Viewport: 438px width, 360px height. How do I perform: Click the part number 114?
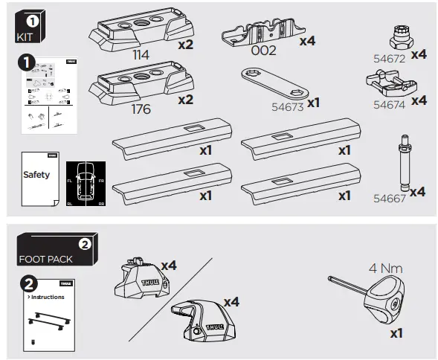click(x=141, y=55)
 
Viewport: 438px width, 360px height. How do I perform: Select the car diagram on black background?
click(x=86, y=183)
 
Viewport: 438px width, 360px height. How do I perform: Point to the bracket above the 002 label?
click(x=257, y=30)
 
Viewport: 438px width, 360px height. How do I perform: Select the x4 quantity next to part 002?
click(x=307, y=42)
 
